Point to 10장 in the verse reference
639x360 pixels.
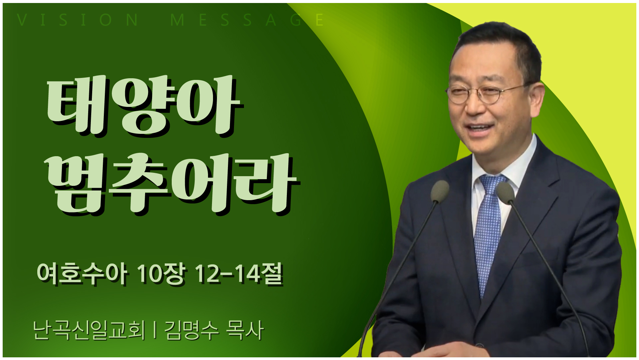pos(161,274)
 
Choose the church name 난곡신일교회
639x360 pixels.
pos(89,330)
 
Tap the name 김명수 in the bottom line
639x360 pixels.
pos(192,330)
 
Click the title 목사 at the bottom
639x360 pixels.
pos(245,330)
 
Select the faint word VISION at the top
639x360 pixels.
pos(78,20)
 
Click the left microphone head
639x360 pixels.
pos(440,191)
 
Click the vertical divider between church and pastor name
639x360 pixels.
pos(154,330)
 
